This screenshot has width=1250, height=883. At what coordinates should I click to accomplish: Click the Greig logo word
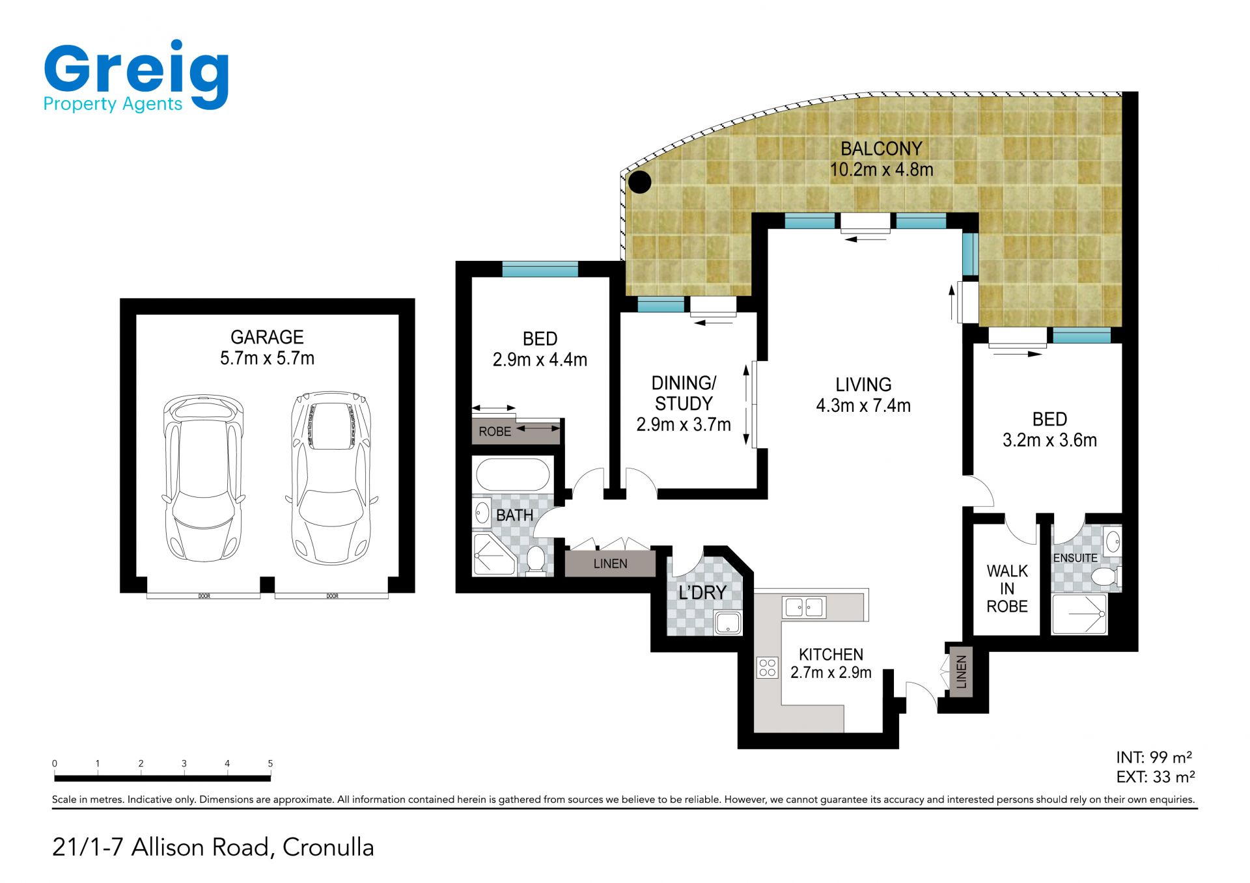(x=137, y=72)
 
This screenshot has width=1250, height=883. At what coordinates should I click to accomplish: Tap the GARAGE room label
(x=267, y=337)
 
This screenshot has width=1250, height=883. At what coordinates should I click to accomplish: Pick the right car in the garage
(x=332, y=478)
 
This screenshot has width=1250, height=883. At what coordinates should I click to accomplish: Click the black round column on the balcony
(x=639, y=182)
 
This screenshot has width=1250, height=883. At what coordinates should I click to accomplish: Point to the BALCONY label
(x=882, y=149)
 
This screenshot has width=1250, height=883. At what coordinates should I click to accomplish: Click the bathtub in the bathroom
(x=514, y=474)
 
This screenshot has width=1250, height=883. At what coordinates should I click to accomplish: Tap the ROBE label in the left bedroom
(x=495, y=431)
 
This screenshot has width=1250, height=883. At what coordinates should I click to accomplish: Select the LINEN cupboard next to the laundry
(x=610, y=564)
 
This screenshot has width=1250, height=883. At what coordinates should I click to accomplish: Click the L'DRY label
(x=702, y=593)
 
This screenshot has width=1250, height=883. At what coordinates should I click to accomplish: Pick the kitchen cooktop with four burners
(x=768, y=668)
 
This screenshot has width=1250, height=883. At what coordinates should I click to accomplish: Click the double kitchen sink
(x=805, y=608)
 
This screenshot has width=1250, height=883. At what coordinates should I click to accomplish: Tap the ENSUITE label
(x=1075, y=558)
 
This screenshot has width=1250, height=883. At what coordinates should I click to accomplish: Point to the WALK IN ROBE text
(x=1007, y=589)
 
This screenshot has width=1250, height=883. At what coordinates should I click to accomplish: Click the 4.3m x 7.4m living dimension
(x=863, y=405)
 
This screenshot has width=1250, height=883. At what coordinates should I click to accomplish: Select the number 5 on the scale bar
(x=270, y=763)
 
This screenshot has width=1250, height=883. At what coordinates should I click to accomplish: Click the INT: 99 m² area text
(x=1154, y=757)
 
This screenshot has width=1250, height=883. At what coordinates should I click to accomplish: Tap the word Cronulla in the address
(x=328, y=847)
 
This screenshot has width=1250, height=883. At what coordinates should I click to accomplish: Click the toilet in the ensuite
(x=1105, y=577)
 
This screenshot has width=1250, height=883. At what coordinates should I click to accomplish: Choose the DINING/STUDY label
(x=684, y=393)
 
